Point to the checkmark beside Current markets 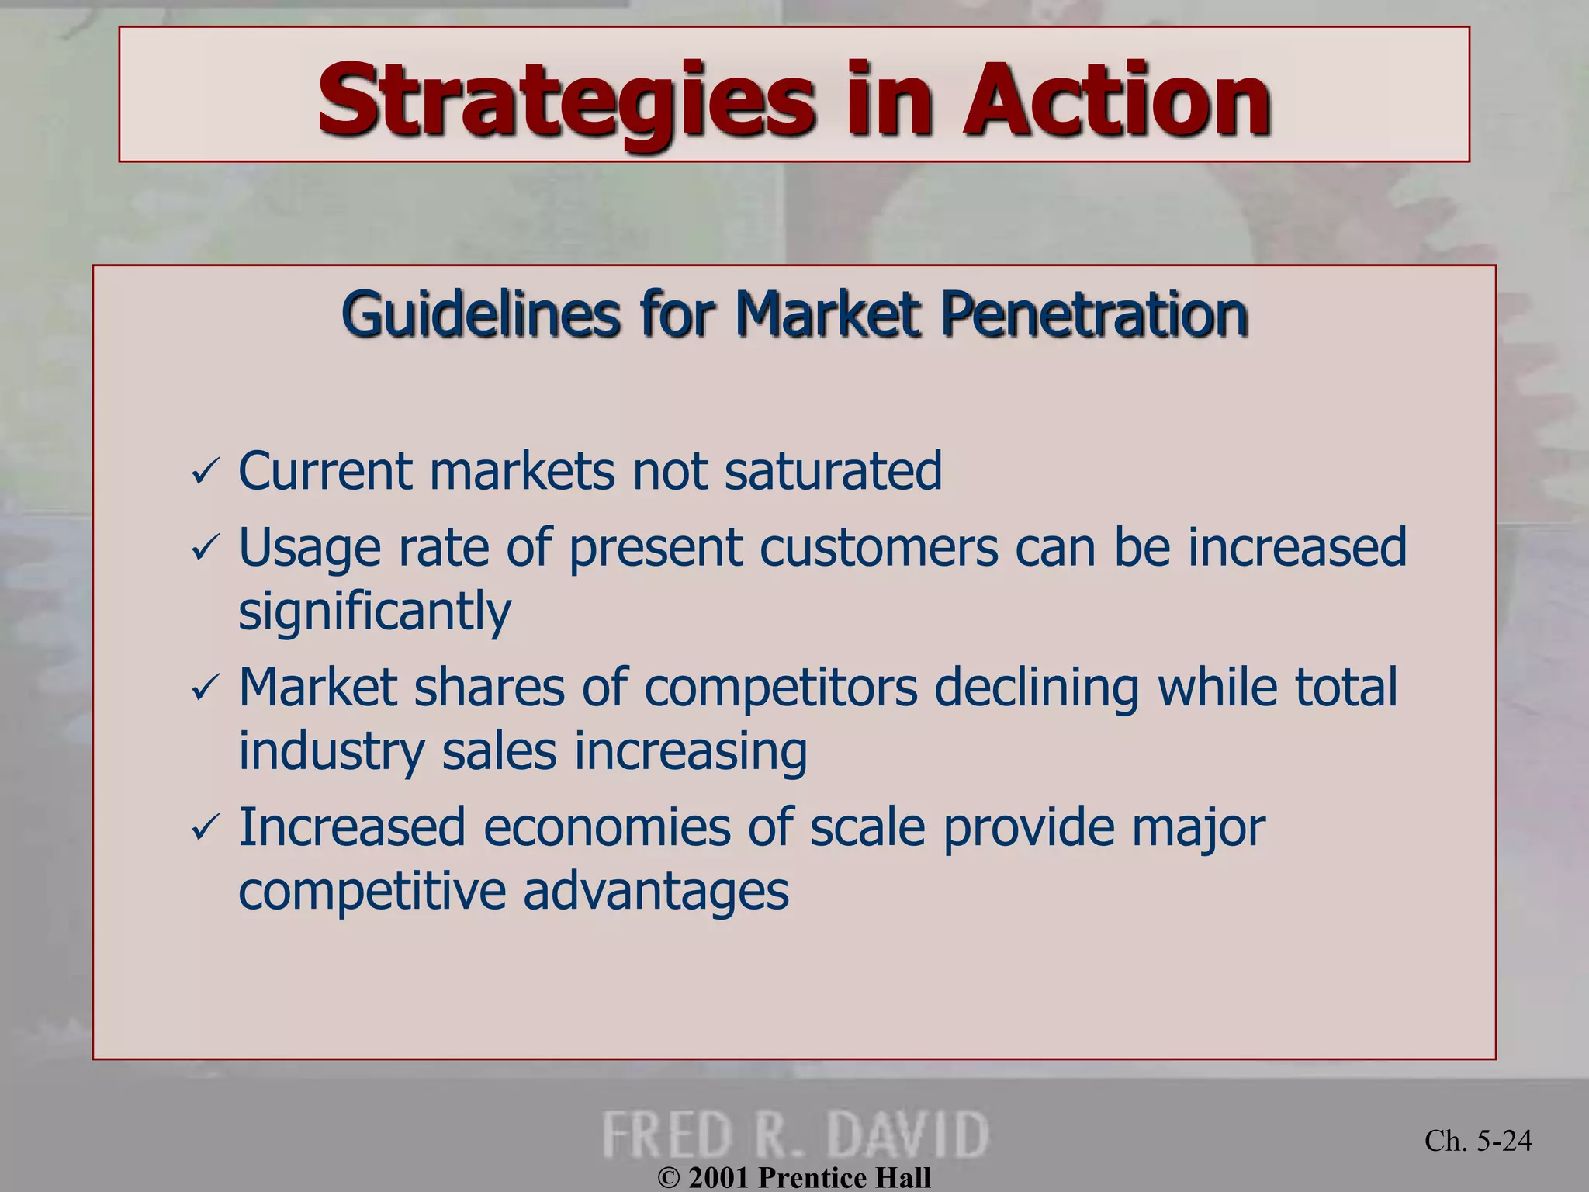click(206, 472)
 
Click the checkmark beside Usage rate click(206, 549)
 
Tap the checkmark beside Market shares click(206, 688)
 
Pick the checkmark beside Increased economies click(206, 828)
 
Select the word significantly click(375, 612)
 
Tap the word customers click(878, 547)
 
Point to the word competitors click(781, 688)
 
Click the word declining click(1037, 689)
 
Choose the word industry click(332, 751)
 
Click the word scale click(867, 827)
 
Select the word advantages click(656, 891)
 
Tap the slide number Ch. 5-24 click(1478, 1140)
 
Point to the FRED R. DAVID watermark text click(795, 1135)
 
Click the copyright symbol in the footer click(668, 1178)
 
